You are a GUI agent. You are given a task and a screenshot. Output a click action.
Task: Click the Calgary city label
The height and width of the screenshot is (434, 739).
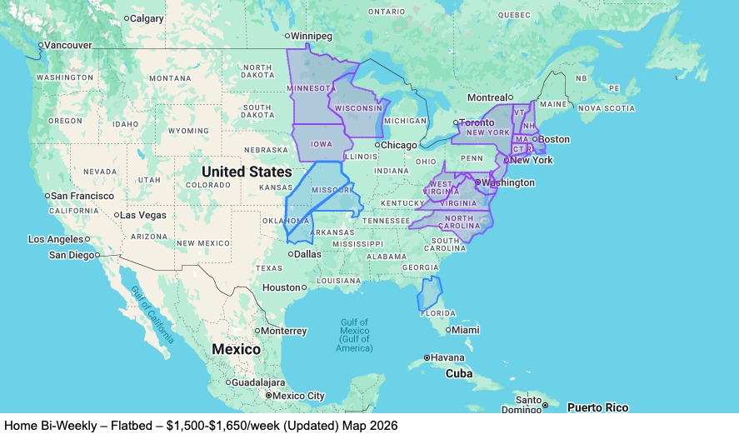click(147, 18)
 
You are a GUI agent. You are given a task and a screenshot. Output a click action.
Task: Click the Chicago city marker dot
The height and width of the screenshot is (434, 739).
click(377, 145)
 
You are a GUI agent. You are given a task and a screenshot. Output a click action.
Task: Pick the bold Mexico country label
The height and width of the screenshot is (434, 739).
click(236, 349)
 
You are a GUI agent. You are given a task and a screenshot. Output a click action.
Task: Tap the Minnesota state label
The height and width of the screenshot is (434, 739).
click(312, 88)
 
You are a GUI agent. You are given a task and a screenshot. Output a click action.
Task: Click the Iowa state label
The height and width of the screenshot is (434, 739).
click(322, 144)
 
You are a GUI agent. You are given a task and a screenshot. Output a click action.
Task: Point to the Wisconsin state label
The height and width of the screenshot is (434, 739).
click(358, 108)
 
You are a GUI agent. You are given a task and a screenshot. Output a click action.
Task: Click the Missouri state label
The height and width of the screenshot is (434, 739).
click(332, 190)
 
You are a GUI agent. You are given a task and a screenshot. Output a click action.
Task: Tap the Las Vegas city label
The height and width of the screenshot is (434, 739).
click(143, 215)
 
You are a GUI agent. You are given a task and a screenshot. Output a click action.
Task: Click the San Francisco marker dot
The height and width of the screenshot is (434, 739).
click(47, 197)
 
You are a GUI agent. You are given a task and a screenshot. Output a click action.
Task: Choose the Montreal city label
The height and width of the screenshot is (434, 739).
click(487, 97)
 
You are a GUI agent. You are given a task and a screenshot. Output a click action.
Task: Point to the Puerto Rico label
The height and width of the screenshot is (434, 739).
click(597, 407)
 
